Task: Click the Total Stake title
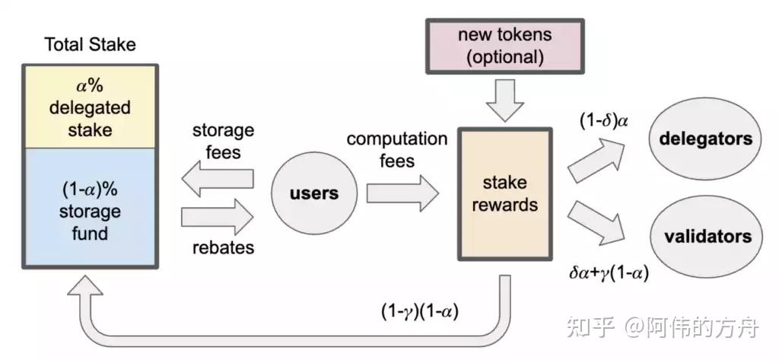coord(90,44)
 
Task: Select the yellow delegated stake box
coord(90,107)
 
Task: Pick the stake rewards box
coord(504,194)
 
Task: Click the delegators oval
coord(705,139)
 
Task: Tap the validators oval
coord(705,235)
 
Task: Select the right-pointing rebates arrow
coord(217,217)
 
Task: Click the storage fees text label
coord(222,140)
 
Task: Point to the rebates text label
coord(222,247)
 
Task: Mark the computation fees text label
coord(397,150)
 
